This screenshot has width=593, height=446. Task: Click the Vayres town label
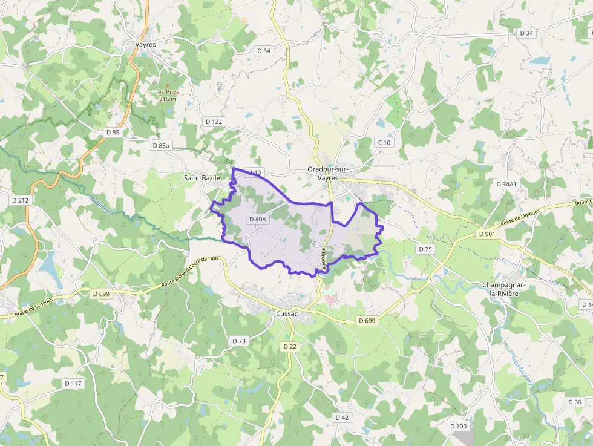click(145, 44)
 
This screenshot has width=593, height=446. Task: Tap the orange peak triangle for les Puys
click(168, 85)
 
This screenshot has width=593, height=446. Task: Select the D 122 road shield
click(214, 122)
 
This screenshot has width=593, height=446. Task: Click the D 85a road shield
click(162, 146)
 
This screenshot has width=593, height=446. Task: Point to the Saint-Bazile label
click(202, 178)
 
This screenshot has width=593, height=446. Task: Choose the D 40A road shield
click(257, 219)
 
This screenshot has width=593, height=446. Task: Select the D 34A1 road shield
click(506, 184)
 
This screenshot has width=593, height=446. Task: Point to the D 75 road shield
click(425, 249)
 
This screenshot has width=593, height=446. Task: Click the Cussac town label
click(287, 314)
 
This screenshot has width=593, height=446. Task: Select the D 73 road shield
click(240, 341)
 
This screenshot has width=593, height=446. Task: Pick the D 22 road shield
click(290, 346)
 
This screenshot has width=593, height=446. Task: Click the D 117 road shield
click(73, 384)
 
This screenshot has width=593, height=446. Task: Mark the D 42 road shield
click(342, 418)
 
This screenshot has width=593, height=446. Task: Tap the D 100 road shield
click(459, 426)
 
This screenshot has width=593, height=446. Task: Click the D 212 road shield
click(20, 200)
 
